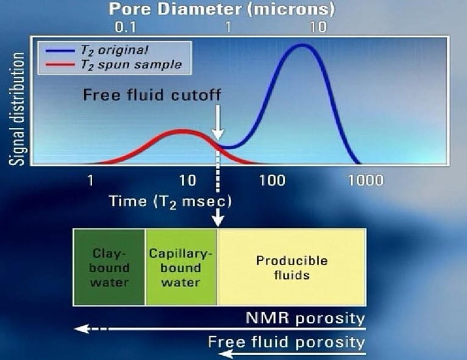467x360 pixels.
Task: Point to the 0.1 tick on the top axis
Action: point(126,27)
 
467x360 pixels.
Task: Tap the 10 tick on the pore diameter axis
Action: point(318,27)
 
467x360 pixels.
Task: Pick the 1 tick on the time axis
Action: point(90,180)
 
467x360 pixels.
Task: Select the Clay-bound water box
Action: point(109,267)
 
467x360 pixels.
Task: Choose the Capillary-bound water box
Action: point(181,267)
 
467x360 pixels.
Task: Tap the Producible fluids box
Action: point(291,267)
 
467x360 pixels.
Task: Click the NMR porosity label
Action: point(305,318)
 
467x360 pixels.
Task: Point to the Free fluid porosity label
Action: point(286,341)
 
